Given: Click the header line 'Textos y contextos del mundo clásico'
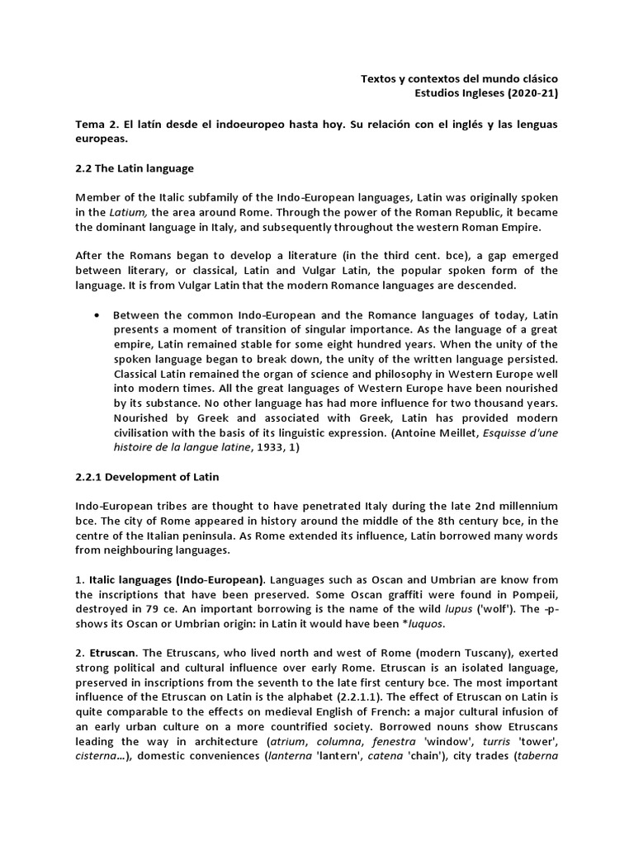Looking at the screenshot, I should pos(459,78).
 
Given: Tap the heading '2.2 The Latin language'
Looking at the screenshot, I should pos(135,168).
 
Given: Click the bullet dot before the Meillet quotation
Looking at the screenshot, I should pos(98,315).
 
